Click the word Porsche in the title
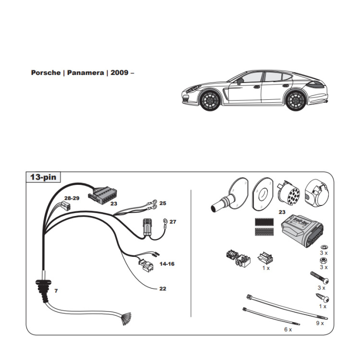tap(45, 73)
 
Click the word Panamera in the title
tap(85, 73)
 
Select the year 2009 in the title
tap(119, 73)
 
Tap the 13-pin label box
tap(43, 178)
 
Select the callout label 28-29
tap(72, 197)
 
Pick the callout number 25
tap(163, 204)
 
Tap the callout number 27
tap(173, 222)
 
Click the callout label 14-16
tap(167, 264)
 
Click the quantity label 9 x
tap(320, 323)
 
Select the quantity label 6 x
tap(288, 330)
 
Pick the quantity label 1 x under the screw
tap(322, 306)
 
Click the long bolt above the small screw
tap(319, 278)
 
